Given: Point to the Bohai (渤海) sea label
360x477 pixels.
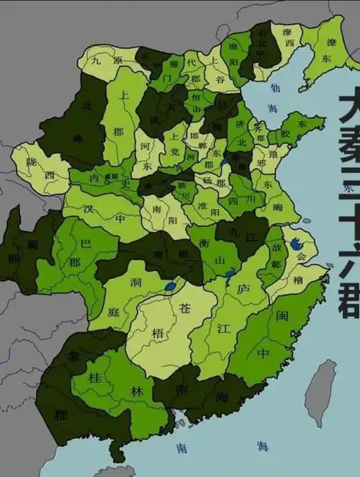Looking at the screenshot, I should [x=273, y=98].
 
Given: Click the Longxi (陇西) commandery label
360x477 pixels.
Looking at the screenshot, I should [x=41, y=174].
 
